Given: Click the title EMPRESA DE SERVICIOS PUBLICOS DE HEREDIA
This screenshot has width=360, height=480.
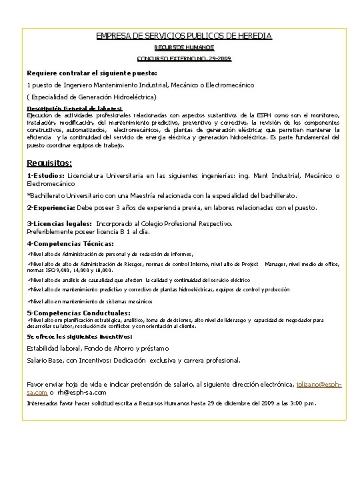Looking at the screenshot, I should click(184, 35).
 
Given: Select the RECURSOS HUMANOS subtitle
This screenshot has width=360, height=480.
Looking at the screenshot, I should click(184, 47).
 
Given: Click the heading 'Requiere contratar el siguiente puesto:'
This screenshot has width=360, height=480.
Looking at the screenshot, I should click(92, 72).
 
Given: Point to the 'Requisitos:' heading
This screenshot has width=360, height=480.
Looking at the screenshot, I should click(49, 163).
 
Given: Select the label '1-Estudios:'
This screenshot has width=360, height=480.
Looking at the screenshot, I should click(46, 176).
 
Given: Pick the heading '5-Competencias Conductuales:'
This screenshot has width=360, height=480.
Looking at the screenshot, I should click(79, 312).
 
